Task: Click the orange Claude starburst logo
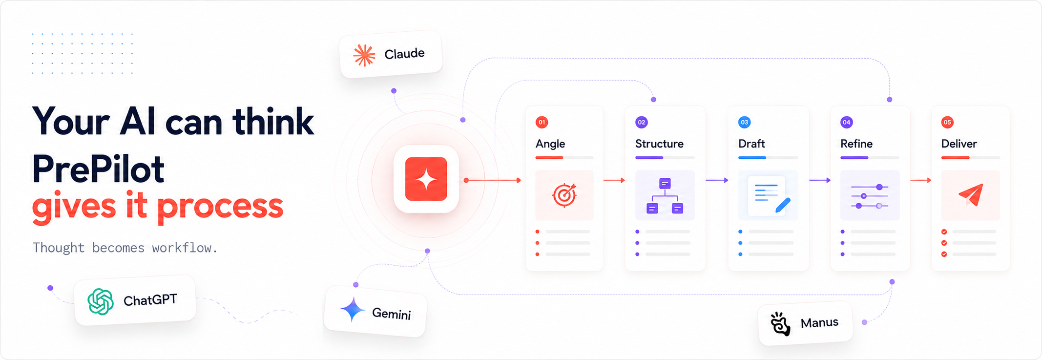pyautogui.click(x=364, y=55)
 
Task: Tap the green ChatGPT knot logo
pyautogui.click(x=101, y=301)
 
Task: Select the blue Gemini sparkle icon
pyautogui.click(x=353, y=309)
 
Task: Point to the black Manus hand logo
pyautogui.click(x=780, y=323)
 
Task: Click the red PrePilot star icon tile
pyautogui.click(x=426, y=179)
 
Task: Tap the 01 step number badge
pyautogui.click(x=542, y=122)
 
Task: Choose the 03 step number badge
pyautogui.click(x=744, y=122)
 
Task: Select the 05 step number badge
pyautogui.click(x=947, y=122)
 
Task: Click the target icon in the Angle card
pyautogui.click(x=564, y=195)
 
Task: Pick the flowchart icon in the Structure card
pyautogui.click(x=665, y=196)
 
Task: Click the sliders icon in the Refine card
pyautogui.click(x=870, y=196)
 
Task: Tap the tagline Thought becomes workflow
pyautogui.click(x=125, y=248)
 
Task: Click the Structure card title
pyautogui.click(x=659, y=144)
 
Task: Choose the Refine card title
pyautogui.click(x=856, y=144)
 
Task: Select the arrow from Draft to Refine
pyautogui.click(x=820, y=180)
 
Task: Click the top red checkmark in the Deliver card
pyautogui.click(x=944, y=232)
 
